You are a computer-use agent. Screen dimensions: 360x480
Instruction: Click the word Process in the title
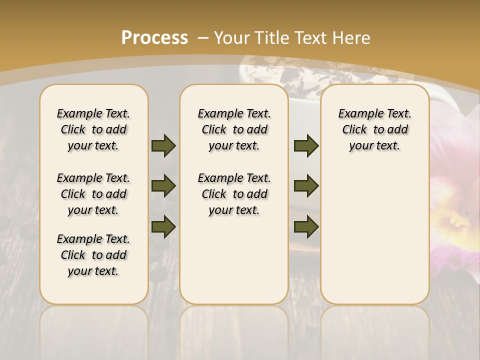pyautogui.click(x=154, y=38)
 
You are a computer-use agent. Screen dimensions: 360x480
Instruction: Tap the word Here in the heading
pyautogui.click(x=353, y=38)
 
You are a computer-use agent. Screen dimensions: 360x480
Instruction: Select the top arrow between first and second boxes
pyautogui.click(x=163, y=145)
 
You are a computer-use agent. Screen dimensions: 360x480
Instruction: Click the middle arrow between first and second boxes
pyautogui.click(x=163, y=186)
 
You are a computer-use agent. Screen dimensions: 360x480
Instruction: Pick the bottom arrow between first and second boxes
pyautogui.click(x=163, y=226)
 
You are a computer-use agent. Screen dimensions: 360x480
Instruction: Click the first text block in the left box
pyautogui.click(x=93, y=129)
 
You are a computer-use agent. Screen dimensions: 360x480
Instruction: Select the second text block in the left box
pyautogui.click(x=93, y=194)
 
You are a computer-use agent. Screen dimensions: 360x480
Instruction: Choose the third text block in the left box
pyautogui.click(x=93, y=255)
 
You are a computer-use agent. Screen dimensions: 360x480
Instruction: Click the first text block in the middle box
pyautogui.click(x=234, y=129)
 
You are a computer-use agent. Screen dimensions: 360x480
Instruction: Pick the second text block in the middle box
pyautogui.click(x=234, y=194)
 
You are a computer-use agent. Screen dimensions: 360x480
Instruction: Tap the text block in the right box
pyautogui.click(x=374, y=129)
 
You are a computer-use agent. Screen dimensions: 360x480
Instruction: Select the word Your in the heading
pyautogui.click(x=233, y=38)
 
